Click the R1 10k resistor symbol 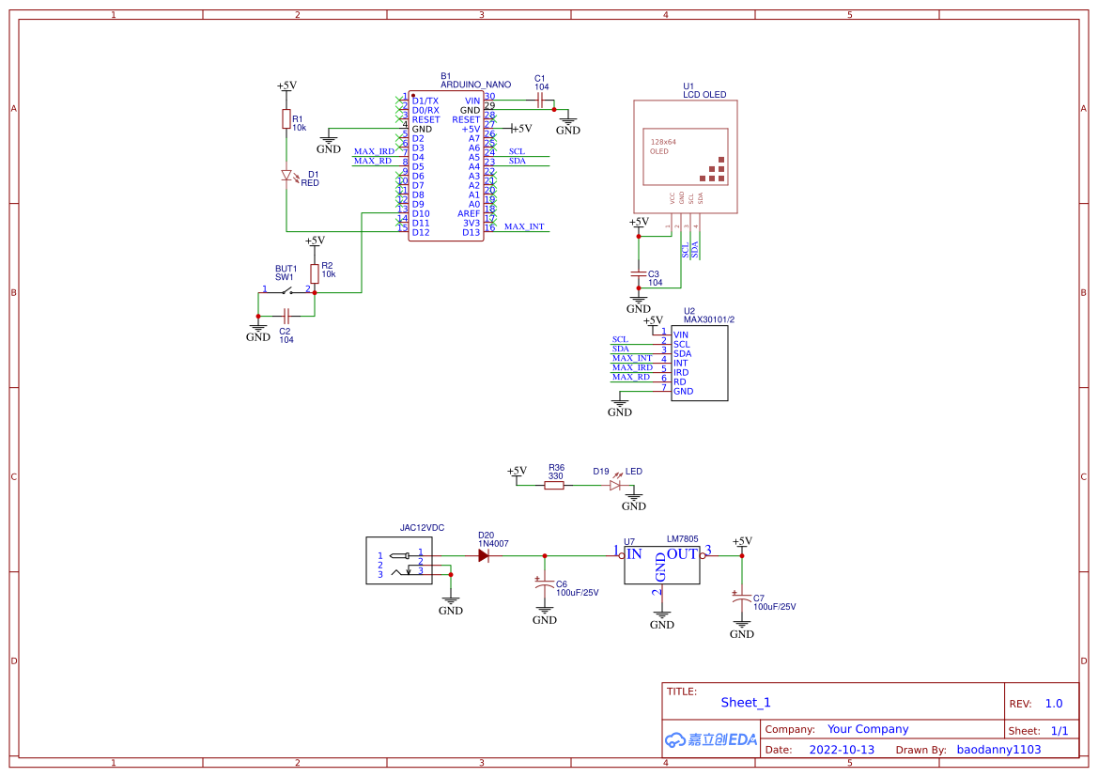tap(286, 118)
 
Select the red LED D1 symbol tap(286, 175)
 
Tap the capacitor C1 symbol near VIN tap(540, 100)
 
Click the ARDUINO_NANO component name tap(475, 85)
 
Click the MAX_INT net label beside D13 tap(523, 226)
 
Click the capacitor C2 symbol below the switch tap(286, 316)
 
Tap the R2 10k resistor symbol tap(315, 273)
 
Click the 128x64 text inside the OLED tap(663, 142)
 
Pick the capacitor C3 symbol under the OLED tap(639, 273)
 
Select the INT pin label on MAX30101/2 tap(681, 363)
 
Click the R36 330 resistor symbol tap(555, 485)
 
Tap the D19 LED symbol tap(615, 485)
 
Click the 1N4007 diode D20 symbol tap(484, 555)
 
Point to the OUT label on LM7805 tap(682, 553)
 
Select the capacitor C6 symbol tap(545, 588)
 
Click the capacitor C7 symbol tap(742, 601)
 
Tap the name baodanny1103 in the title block tap(998, 750)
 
